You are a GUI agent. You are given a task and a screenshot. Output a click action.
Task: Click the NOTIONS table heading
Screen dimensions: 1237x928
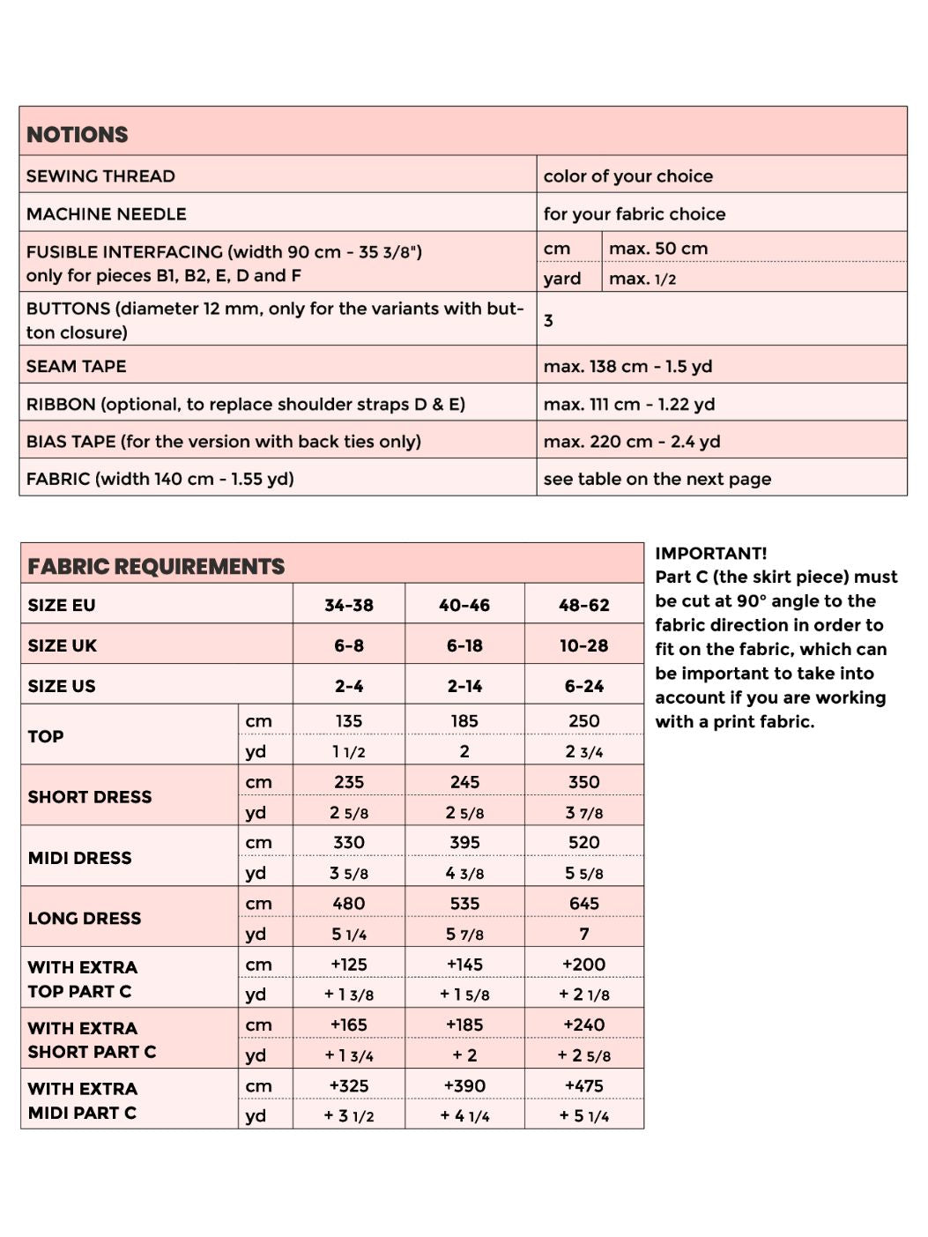pyautogui.click(x=78, y=134)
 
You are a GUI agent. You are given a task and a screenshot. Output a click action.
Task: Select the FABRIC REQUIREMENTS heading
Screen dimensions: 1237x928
pyautogui.click(x=156, y=566)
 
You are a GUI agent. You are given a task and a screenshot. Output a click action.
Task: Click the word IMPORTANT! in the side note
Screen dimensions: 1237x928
pyautogui.click(x=710, y=553)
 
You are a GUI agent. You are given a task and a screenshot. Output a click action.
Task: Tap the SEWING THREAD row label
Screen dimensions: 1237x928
pyautogui.click(x=100, y=175)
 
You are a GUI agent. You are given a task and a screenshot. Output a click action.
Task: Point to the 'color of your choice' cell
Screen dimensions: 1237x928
pyautogui.click(x=627, y=175)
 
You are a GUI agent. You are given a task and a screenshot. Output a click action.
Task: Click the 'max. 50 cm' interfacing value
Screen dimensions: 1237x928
pyautogui.click(x=657, y=249)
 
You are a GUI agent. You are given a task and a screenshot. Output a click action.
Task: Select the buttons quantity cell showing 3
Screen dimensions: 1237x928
pyautogui.click(x=548, y=320)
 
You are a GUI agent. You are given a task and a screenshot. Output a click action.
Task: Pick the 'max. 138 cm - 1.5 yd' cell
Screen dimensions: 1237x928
pyautogui.click(x=627, y=366)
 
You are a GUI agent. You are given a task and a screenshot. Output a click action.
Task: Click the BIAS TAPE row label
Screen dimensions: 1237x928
pyautogui.click(x=223, y=441)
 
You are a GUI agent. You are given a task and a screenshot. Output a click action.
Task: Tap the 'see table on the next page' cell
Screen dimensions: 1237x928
pyautogui.click(x=657, y=479)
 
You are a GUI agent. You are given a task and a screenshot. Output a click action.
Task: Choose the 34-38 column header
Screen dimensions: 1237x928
pyautogui.click(x=348, y=605)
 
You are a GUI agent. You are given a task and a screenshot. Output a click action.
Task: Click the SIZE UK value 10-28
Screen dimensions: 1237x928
pyautogui.click(x=583, y=645)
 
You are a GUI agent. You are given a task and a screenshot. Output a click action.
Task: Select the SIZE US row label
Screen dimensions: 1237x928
pyautogui.click(x=62, y=686)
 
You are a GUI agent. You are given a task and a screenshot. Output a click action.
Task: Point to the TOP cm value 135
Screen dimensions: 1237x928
pyautogui.click(x=348, y=720)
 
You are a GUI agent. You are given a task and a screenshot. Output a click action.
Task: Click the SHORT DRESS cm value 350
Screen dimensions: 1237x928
pyautogui.click(x=583, y=782)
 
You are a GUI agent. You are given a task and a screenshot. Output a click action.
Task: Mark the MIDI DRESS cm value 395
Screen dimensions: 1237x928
pyautogui.click(x=464, y=842)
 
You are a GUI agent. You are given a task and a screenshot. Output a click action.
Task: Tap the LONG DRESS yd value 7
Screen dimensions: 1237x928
pyautogui.click(x=583, y=934)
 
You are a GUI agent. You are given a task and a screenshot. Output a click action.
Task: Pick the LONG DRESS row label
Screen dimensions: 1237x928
pyautogui.click(x=85, y=918)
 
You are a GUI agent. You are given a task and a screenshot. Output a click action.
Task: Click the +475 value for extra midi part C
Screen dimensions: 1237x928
pyautogui.click(x=583, y=1085)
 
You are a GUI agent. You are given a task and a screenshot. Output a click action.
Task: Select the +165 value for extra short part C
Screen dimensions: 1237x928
pyautogui.click(x=348, y=1025)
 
